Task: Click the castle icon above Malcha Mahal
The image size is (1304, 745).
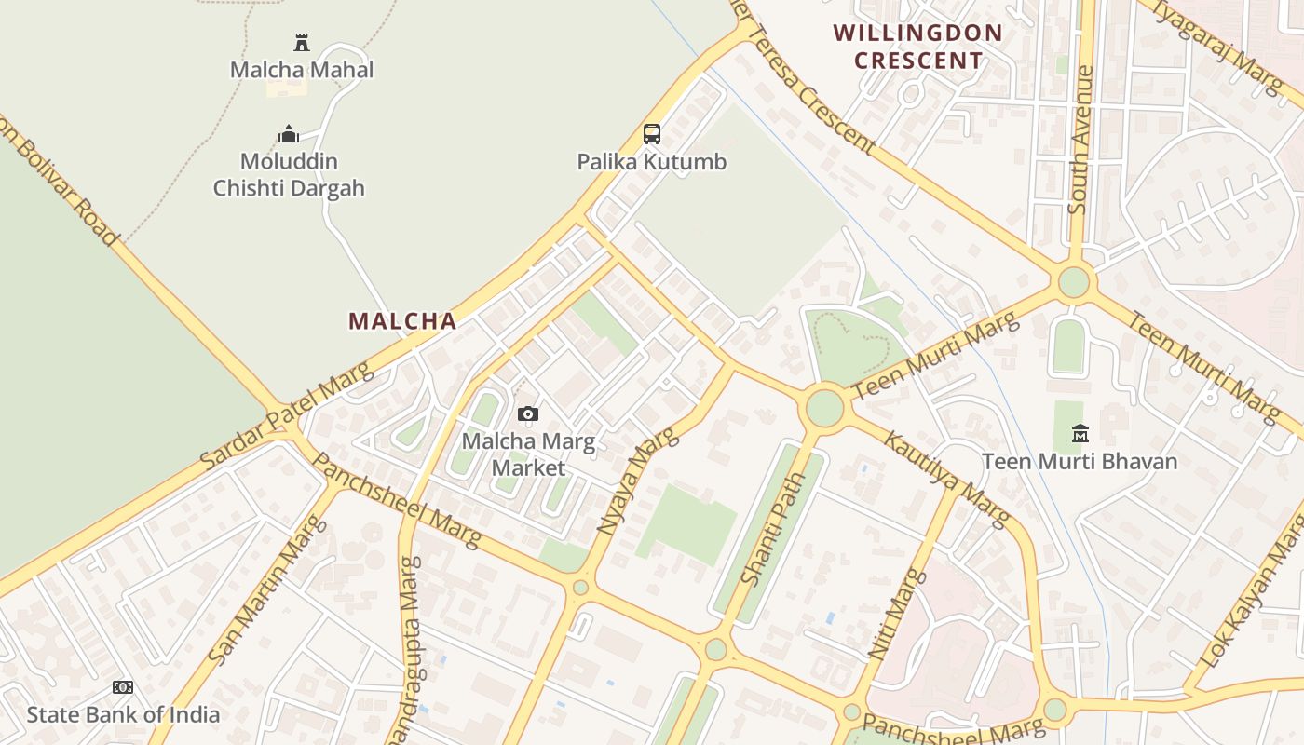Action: [301, 42]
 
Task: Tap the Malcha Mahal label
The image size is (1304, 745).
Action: [302, 70]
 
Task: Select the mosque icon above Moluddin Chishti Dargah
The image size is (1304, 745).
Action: [289, 134]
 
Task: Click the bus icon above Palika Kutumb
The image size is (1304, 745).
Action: [652, 134]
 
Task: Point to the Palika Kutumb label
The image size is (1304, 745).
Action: [652, 162]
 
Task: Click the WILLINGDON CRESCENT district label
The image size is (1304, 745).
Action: [918, 47]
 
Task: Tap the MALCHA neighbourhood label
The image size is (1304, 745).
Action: [402, 321]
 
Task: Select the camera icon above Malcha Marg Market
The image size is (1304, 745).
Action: [528, 413]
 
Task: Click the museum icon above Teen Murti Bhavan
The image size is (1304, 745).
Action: [1080, 433]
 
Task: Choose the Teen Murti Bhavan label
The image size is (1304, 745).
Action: [1080, 461]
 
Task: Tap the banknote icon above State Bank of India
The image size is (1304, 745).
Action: [123, 687]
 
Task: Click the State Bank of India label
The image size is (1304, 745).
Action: [123, 715]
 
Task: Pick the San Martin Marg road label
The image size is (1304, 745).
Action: [268, 590]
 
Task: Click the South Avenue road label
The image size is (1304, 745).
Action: [1080, 140]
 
